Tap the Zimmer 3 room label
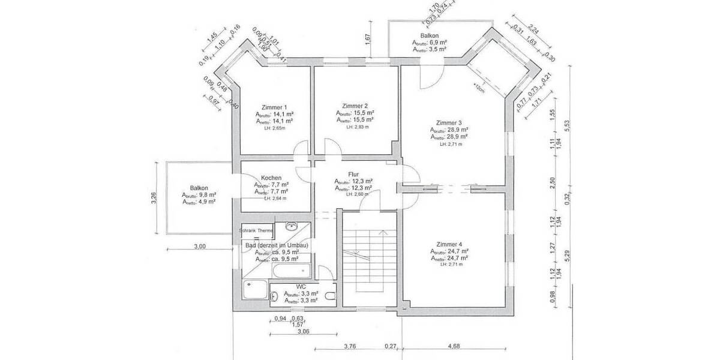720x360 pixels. (x=449, y=123)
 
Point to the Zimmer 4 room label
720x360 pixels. (x=449, y=244)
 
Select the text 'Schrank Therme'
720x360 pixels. (x=256, y=230)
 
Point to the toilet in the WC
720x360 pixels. (x=329, y=296)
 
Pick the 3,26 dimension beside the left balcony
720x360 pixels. (x=154, y=198)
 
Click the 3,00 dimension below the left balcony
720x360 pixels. (x=200, y=246)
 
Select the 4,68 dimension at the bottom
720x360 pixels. (x=454, y=346)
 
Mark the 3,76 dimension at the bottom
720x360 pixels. (x=350, y=346)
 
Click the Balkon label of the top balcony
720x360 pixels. (x=429, y=35)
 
